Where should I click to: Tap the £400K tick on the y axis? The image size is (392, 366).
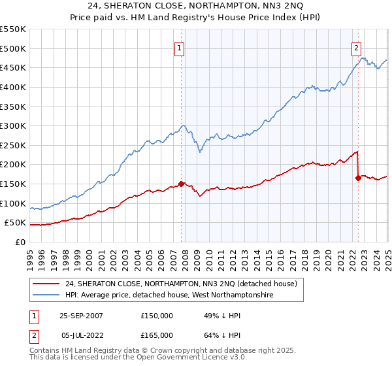13,87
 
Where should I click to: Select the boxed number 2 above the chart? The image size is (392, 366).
356,47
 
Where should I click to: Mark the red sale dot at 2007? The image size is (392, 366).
182,184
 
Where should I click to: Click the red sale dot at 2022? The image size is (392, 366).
358,178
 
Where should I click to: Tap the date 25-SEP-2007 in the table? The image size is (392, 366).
81,315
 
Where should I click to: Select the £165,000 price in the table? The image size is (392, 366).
157,335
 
